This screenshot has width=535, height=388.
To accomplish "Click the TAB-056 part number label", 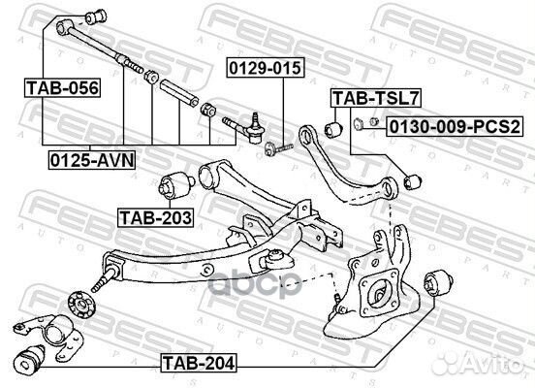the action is click(62, 87).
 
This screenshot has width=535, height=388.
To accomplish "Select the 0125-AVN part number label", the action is click(92, 160).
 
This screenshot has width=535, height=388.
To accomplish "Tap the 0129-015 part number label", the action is click(266, 68).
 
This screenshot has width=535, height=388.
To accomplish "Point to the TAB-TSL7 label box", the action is click(376, 98).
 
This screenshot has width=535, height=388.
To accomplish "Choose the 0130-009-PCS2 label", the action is click(455, 126).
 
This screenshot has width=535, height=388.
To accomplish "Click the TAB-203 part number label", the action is click(156, 217).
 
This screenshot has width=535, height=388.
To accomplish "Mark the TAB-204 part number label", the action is click(199, 363).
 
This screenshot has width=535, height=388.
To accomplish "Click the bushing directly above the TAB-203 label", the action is click(176, 185).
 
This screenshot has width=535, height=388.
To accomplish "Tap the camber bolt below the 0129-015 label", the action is click(279, 148).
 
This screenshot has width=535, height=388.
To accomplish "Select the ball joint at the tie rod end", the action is click(255, 128).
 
